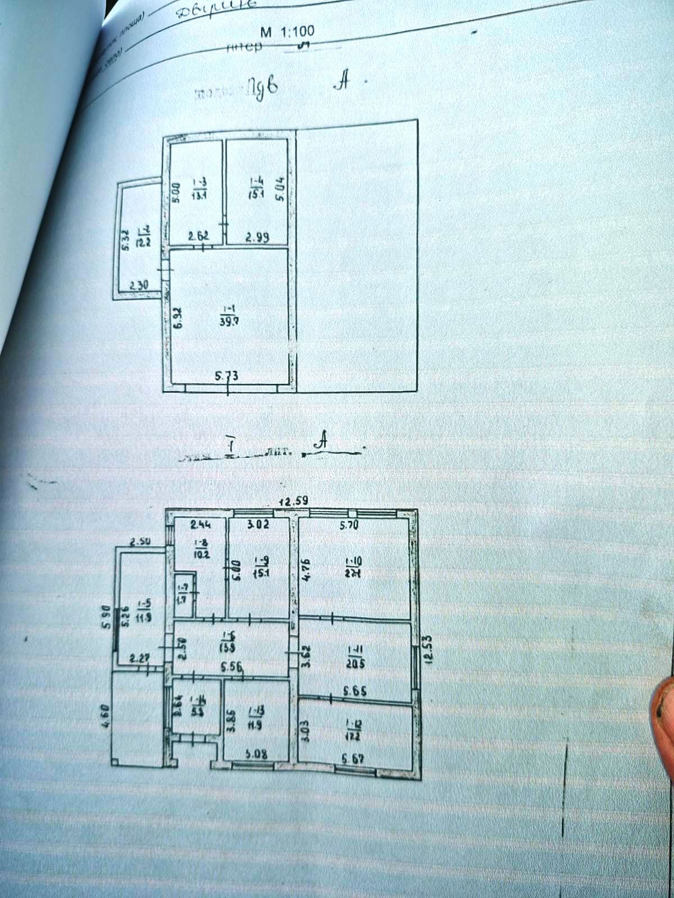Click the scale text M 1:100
(x=288, y=33)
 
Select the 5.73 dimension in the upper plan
(x=227, y=376)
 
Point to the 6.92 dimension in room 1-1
(x=177, y=318)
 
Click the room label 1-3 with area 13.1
(x=199, y=188)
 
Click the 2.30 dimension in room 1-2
(x=139, y=285)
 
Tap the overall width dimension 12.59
(x=295, y=501)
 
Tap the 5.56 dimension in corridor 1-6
(x=232, y=667)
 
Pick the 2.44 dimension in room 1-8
(x=201, y=525)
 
